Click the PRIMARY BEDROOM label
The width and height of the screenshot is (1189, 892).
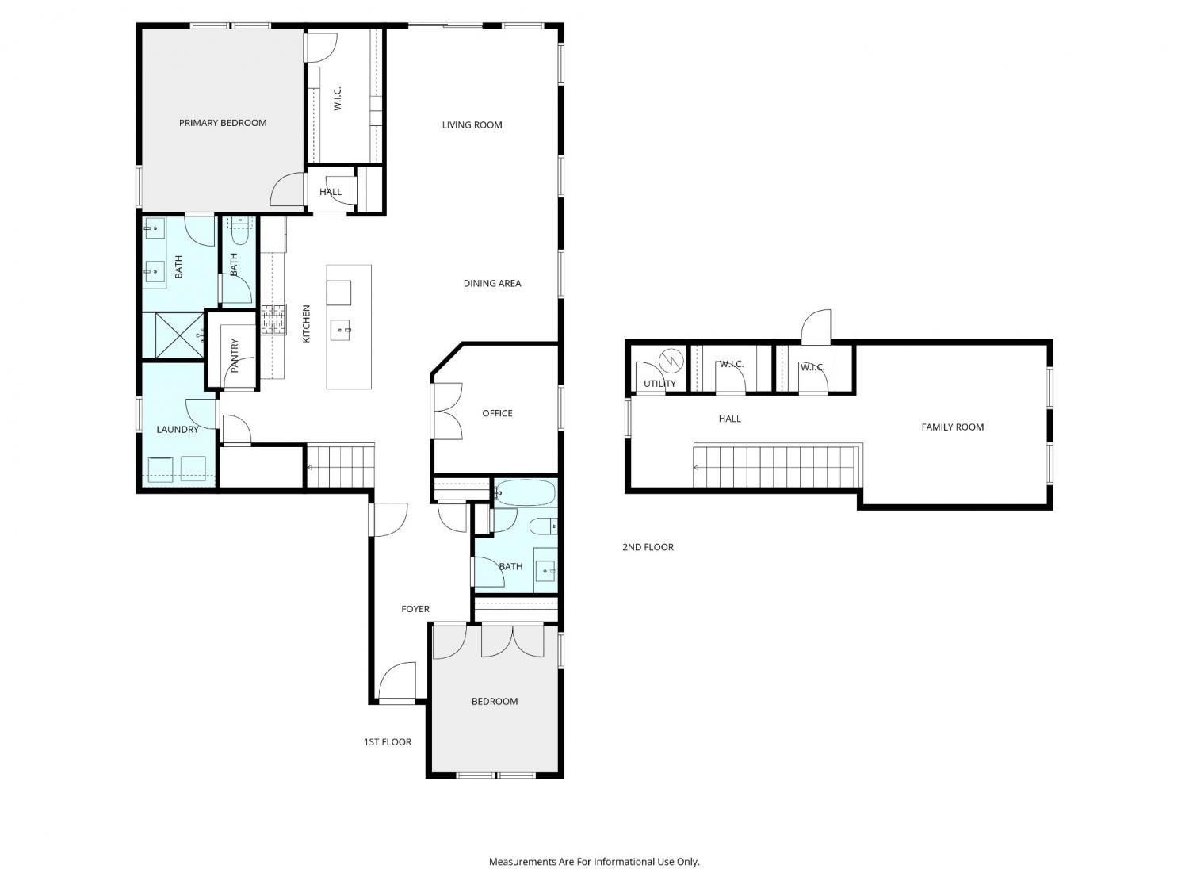[223, 123]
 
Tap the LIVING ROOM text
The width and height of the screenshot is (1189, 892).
[472, 125]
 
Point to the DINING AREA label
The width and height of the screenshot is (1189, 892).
[492, 283]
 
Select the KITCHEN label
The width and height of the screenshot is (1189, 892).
[306, 323]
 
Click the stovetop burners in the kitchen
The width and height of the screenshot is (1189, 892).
[273, 319]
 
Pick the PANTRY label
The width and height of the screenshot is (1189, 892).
[235, 355]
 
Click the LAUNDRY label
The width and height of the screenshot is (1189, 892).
[177, 430]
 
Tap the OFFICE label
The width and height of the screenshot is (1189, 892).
[497, 413]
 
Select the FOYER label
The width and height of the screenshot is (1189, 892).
[415, 609]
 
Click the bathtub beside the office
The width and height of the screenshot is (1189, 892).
[525, 493]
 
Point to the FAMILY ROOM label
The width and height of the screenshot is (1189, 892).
[952, 427]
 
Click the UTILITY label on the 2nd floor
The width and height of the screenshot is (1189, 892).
[659, 384]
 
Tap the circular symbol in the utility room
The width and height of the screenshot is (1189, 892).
[671, 360]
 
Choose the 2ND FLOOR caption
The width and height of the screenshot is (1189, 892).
[648, 547]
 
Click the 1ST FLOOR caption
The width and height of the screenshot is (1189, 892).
[388, 742]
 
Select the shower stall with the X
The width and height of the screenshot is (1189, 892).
[179, 335]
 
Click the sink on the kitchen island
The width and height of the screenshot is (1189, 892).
[340, 329]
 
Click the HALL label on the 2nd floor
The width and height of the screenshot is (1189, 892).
[730, 419]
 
